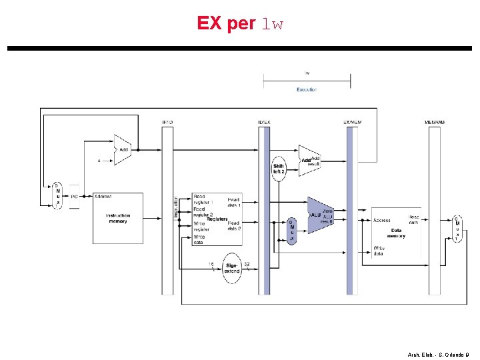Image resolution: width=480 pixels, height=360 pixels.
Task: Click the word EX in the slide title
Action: pyautogui.click(x=211, y=24)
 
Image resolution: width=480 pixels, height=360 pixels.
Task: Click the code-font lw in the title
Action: pyautogui.click(x=273, y=25)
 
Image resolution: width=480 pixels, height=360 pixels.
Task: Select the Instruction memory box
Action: pyautogui.click(x=118, y=218)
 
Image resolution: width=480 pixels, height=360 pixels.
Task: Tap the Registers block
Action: pyautogui.click(x=217, y=219)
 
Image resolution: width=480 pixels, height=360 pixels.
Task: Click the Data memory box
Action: pyautogui.click(x=397, y=232)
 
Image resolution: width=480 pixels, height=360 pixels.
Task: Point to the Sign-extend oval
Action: pyautogui.click(x=231, y=267)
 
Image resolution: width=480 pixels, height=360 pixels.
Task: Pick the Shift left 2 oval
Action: pyautogui.click(x=279, y=168)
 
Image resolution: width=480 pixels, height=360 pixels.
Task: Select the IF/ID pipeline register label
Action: pyautogui.click(x=167, y=122)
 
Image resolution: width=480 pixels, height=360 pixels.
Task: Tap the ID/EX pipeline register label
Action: pyautogui.click(x=265, y=122)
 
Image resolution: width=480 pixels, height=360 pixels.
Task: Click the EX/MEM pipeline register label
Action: pyautogui.click(x=352, y=122)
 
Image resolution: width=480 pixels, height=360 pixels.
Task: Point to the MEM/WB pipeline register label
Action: pyautogui.click(x=434, y=122)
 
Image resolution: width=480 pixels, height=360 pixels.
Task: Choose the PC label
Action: pyautogui.click(x=75, y=197)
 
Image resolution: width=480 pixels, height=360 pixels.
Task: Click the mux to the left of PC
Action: pyautogui.click(x=57, y=195)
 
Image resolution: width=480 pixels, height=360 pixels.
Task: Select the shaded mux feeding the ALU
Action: pyautogui.click(x=291, y=231)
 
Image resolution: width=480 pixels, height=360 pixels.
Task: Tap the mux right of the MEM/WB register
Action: pyautogui.click(x=457, y=229)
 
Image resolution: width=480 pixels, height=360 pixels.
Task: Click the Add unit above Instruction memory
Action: pyautogui.click(x=121, y=150)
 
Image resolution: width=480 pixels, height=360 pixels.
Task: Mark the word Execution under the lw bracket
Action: pyautogui.click(x=307, y=89)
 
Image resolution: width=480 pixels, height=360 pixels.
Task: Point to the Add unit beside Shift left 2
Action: pyautogui.click(x=309, y=161)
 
